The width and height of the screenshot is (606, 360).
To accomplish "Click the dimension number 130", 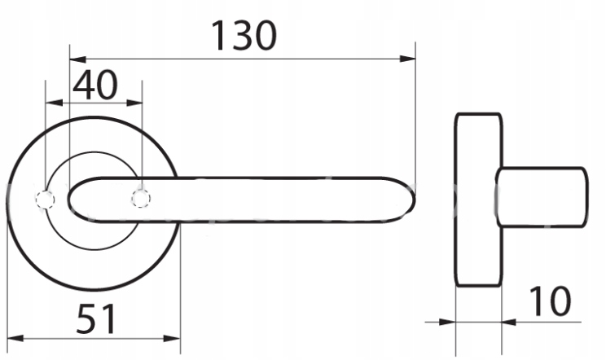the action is pyautogui.click(x=244, y=36).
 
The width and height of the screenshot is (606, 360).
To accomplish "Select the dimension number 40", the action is pyautogui.click(x=95, y=85).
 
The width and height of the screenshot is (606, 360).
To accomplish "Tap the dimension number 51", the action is pyautogui.click(x=96, y=319).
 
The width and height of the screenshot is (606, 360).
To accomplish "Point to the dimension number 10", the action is pyautogui.click(x=549, y=301).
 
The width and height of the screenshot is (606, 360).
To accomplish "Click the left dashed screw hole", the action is pyautogui.click(x=46, y=200).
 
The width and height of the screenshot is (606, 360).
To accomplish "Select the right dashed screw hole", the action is pyautogui.click(x=141, y=199).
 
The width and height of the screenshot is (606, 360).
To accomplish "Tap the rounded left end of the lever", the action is pyautogui.click(x=69, y=200).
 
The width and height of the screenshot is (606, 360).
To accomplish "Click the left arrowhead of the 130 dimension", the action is pyautogui.click(x=77, y=59).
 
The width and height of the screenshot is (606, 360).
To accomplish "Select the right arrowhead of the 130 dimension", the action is pyautogui.click(x=408, y=59).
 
